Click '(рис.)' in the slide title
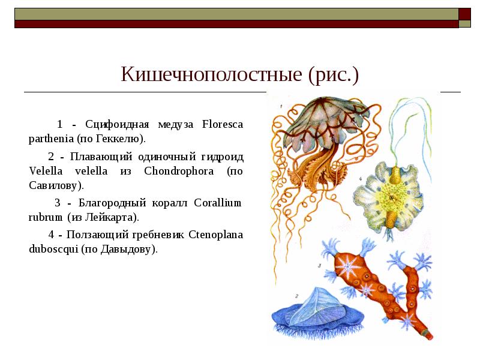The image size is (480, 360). pos(333,75)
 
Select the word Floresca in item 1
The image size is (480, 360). pos(223,125)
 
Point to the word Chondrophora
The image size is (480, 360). pos(182,171)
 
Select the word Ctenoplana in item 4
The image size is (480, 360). pos(216,234)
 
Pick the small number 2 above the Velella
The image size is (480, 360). pos(296,295)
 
